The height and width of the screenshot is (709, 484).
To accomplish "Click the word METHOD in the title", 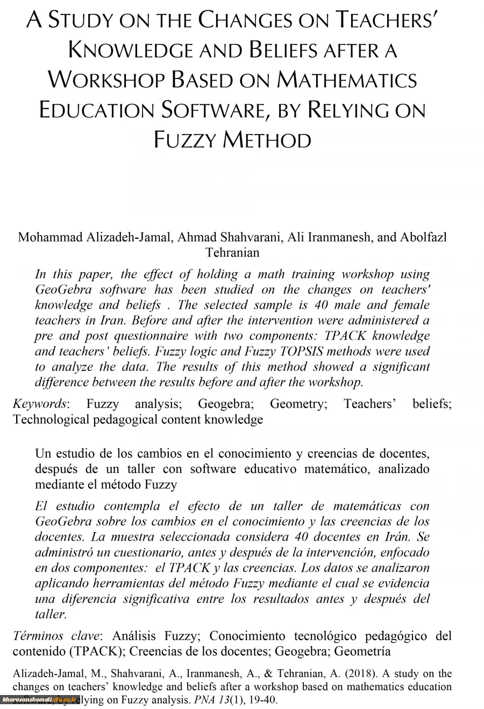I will [x=267, y=140].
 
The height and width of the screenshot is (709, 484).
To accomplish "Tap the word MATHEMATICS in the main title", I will [x=347, y=80].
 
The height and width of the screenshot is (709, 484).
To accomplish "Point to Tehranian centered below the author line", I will [x=232, y=252].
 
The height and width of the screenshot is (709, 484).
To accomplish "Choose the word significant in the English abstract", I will [x=396, y=367].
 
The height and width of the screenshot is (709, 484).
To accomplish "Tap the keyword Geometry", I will [x=298, y=404].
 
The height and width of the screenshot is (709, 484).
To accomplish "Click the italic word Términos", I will [x=38, y=636].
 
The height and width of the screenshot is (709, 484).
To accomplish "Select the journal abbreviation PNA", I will [x=191, y=700].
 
